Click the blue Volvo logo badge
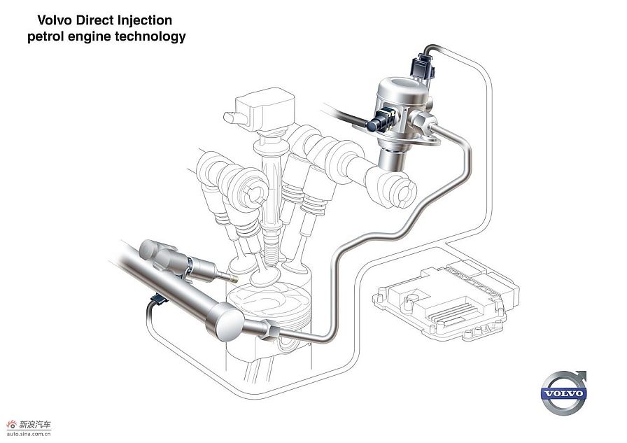(563, 393)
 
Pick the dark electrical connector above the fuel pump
(422, 66)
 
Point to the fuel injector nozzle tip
(231, 277)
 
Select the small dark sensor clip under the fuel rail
(158, 299)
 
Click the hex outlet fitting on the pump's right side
(422, 121)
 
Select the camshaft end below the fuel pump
(398, 191)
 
